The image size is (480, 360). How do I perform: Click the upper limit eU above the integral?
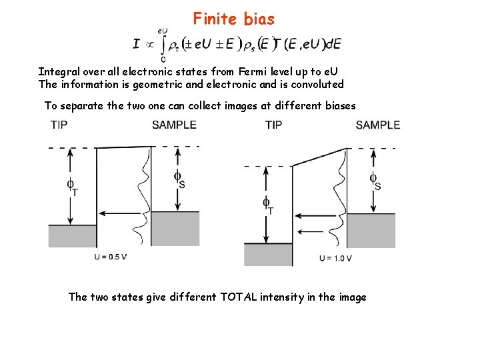coord(162,30)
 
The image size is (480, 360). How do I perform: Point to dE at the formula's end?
coord(334,44)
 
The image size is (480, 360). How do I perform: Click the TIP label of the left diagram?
coord(59,125)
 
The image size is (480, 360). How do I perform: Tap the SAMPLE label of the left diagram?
coord(174,125)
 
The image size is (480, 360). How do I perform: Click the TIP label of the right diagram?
coord(273,125)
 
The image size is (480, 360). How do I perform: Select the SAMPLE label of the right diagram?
coord(377,125)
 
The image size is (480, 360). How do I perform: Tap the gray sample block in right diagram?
coord(371,230)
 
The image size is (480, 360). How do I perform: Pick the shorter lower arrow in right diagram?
coord(313,232)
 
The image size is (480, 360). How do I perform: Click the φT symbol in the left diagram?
coord(71,186)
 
